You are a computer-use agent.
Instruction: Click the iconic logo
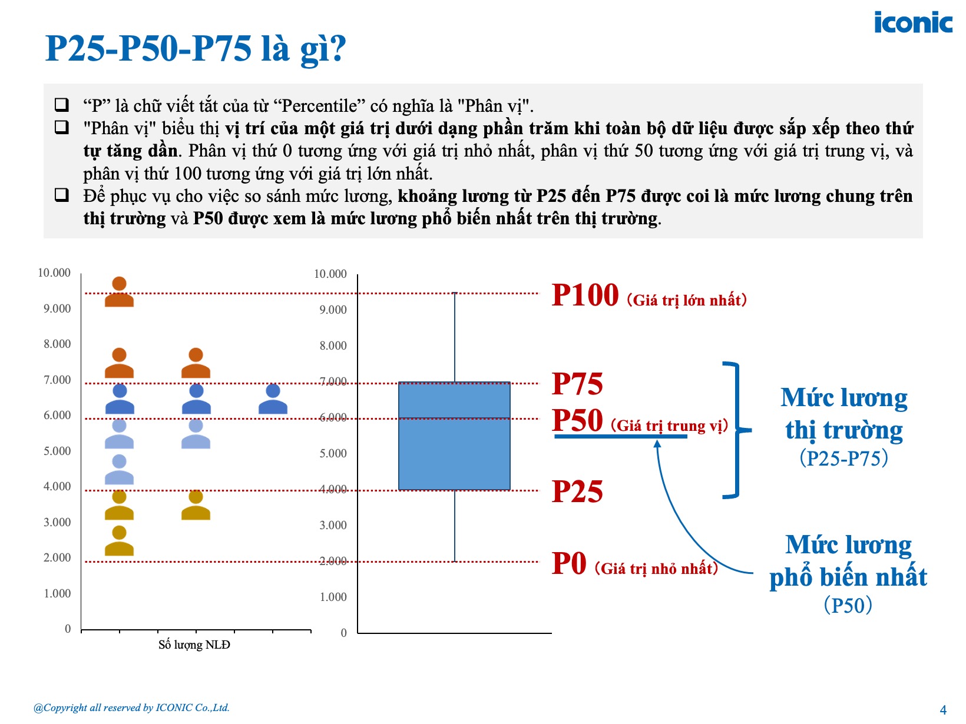click(913, 22)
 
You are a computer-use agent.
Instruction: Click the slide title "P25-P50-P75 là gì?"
click(196, 49)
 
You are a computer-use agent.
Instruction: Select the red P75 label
click(577, 384)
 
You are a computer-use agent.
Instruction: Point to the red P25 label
click(577, 491)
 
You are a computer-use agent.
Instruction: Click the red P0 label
click(569, 563)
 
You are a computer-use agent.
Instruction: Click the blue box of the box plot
click(454, 436)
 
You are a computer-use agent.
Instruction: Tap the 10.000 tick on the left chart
click(54, 273)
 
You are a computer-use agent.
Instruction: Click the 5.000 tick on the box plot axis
click(333, 454)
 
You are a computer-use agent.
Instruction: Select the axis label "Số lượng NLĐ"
click(194, 645)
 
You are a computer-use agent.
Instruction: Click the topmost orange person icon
click(119, 292)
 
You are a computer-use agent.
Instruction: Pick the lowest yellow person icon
click(119, 541)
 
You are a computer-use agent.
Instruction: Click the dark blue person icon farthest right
click(273, 399)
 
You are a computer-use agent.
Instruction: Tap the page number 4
click(942, 710)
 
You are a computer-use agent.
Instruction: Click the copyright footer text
click(131, 708)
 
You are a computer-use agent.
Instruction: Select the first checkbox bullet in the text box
click(62, 105)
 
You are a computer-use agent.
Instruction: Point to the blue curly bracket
click(737, 430)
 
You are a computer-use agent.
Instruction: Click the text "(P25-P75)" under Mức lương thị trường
click(843, 458)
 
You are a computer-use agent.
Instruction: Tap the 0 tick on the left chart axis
click(67, 629)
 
